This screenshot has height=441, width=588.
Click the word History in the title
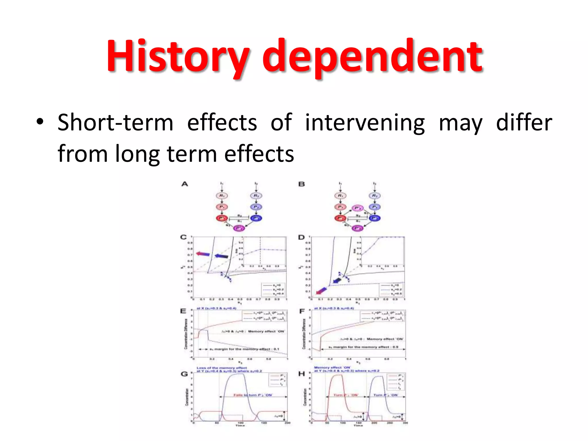(x=178, y=56)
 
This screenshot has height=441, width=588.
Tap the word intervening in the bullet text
(x=365, y=123)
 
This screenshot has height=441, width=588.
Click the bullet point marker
(x=40, y=122)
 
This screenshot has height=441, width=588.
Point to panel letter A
(x=185, y=184)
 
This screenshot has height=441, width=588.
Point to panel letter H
(x=301, y=374)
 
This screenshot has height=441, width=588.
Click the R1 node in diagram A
(x=222, y=196)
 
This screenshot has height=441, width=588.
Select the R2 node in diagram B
(x=374, y=196)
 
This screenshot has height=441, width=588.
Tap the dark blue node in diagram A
(x=256, y=218)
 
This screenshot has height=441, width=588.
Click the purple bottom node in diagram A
(x=239, y=228)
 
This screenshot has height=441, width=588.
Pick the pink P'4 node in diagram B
(x=357, y=208)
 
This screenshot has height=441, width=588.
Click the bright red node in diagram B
(x=340, y=218)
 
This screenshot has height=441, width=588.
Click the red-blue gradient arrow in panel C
(x=203, y=254)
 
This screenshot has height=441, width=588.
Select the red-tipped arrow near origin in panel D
(x=321, y=291)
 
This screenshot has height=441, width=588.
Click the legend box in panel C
(x=274, y=289)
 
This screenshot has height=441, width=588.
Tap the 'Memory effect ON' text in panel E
(x=266, y=331)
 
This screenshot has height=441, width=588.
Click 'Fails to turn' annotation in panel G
(x=252, y=395)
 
